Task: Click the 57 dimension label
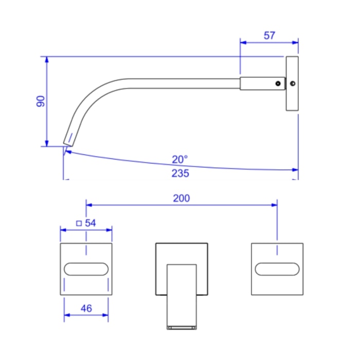tap(269, 35)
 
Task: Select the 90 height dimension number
tap(41, 101)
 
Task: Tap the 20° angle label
tap(180, 159)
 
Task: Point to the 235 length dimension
tap(180, 173)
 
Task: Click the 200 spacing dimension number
tap(182, 198)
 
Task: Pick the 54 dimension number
tap(91, 223)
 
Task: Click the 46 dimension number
tap(86, 309)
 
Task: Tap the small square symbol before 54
tap(79, 223)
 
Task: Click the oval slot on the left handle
tap(86, 269)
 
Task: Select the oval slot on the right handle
tap(277, 269)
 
